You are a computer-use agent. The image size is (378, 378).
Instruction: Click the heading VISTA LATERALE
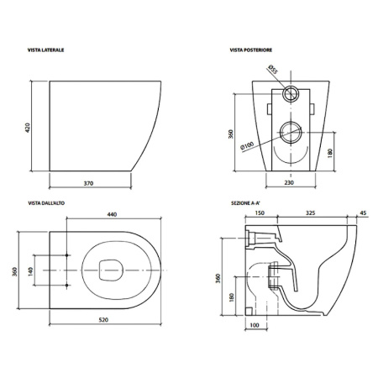click(x=45, y=50)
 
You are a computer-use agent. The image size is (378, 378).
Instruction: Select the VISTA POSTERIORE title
click(x=251, y=50)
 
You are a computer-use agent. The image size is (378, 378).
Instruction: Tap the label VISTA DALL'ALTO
click(x=46, y=203)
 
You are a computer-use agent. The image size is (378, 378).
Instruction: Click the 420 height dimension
click(x=28, y=128)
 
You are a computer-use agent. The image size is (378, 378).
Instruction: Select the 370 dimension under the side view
click(x=88, y=183)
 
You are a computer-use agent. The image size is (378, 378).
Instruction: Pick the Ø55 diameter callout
click(x=272, y=69)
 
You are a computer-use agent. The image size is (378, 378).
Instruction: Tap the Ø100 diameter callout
click(x=247, y=146)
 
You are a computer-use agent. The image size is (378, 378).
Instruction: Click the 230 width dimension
click(x=289, y=182)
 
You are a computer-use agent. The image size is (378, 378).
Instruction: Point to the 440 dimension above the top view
click(x=112, y=214)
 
